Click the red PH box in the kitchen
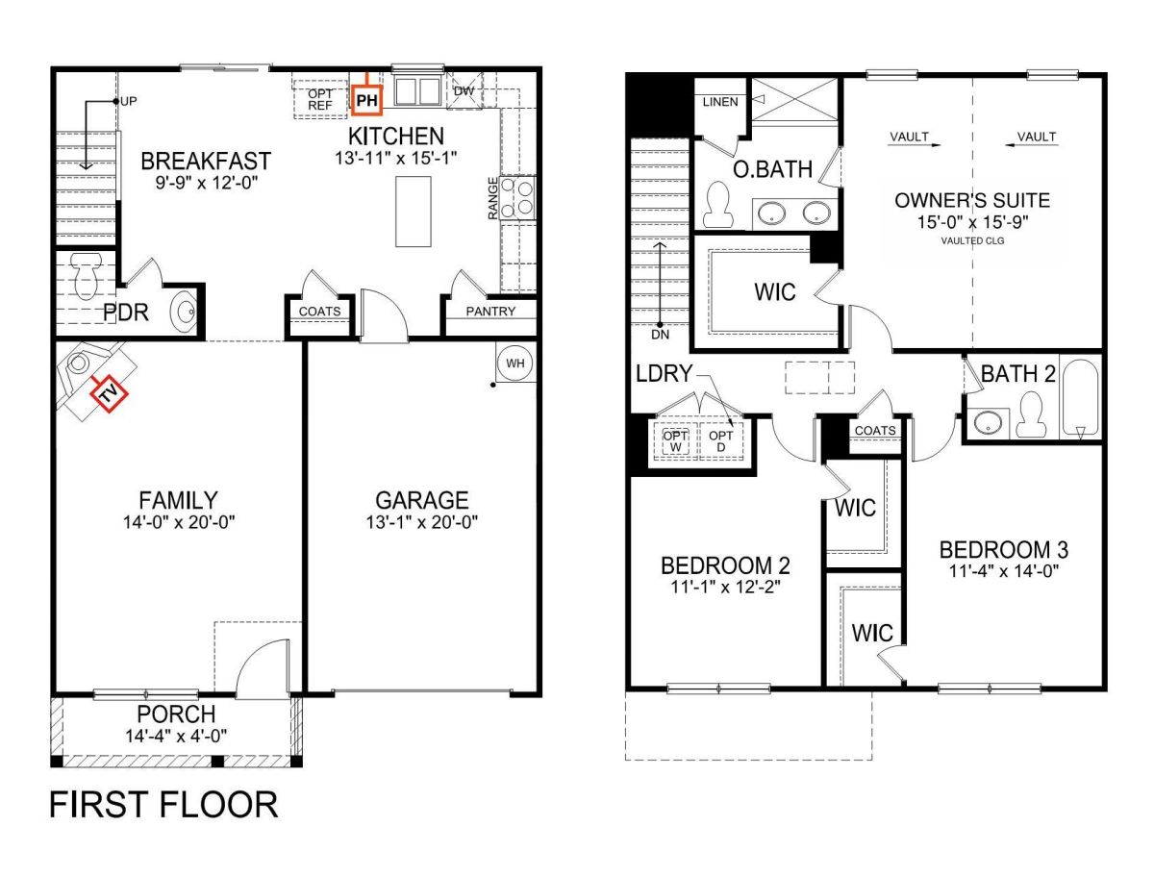pos(367,97)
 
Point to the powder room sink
pos(185,312)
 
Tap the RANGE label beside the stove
pos(493,198)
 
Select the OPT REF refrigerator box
pos(320,98)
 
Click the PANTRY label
pos(489,312)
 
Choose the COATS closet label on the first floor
pos(319,312)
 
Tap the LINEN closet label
pos(721,102)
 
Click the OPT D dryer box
pos(721,439)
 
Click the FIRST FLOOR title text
pos(163,804)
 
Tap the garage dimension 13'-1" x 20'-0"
pos(422,521)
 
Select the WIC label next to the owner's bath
pos(775,290)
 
